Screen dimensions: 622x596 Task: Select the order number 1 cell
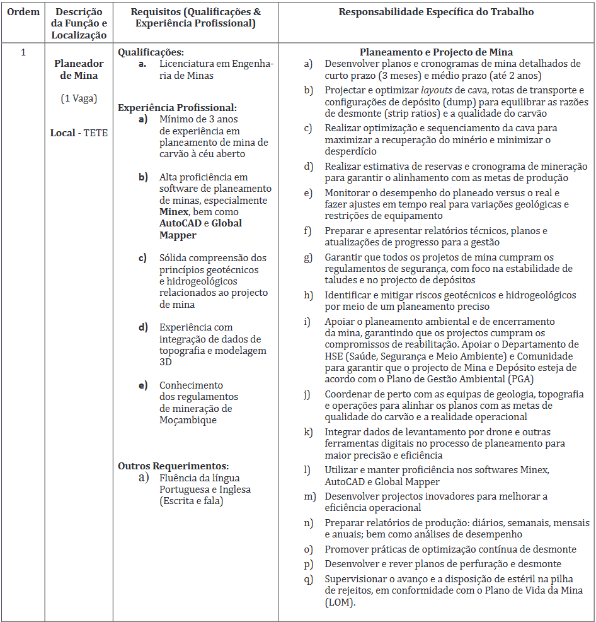pyautogui.click(x=23, y=52)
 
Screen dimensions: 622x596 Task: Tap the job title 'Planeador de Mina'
pyautogui.click(x=79, y=69)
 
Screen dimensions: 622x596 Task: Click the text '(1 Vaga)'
pyautogui.click(x=79, y=98)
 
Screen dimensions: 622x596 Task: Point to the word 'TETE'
pyautogui.click(x=95, y=133)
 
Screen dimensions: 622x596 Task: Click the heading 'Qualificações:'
pyautogui.click(x=151, y=52)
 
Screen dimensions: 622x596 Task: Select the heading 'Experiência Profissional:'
pyautogui.click(x=177, y=108)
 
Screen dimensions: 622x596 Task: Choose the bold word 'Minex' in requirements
pyautogui.click(x=173, y=211)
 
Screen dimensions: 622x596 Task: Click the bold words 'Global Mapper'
pyautogui.click(x=200, y=229)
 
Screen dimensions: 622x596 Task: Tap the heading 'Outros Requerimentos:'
pyautogui.click(x=173, y=466)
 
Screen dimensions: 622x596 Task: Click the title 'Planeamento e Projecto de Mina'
pyautogui.click(x=436, y=52)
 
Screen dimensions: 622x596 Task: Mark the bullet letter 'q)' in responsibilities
pyautogui.click(x=308, y=579)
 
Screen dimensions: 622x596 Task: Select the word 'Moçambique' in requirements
pyautogui.click(x=188, y=420)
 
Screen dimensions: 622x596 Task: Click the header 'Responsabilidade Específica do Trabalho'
pyautogui.click(x=436, y=12)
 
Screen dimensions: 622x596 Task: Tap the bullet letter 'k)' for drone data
pyautogui.click(x=308, y=432)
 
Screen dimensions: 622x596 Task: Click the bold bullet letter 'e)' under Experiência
pyautogui.click(x=144, y=385)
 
